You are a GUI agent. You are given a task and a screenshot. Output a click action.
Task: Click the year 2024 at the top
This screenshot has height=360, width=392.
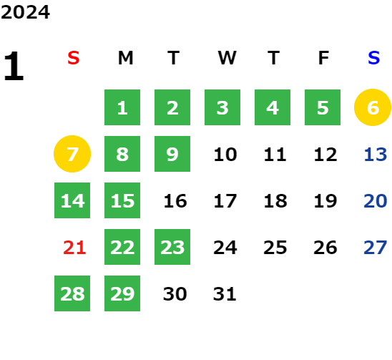(25, 12)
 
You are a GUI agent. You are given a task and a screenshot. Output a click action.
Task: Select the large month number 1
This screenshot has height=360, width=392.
(14, 66)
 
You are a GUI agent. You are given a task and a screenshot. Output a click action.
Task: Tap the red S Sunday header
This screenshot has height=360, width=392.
(74, 58)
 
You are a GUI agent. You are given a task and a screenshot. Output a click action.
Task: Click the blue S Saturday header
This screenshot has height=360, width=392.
(374, 58)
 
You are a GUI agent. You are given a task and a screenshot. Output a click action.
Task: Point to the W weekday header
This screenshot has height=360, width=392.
(227, 58)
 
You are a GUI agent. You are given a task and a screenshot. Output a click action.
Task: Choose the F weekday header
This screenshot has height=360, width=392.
(324, 58)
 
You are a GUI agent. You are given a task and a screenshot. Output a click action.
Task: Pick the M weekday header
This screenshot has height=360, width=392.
(125, 58)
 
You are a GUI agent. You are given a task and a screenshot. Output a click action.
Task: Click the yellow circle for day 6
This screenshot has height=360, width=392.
(373, 107)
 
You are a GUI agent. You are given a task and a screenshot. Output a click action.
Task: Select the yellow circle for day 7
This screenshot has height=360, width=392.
(72, 154)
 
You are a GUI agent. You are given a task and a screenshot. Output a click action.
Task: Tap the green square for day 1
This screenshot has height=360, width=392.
(122, 107)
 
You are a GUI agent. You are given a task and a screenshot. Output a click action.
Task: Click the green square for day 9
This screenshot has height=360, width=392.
(172, 154)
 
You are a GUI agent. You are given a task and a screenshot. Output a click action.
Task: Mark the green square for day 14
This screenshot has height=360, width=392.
(72, 200)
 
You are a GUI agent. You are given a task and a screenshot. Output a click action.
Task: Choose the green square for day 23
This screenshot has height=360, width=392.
(172, 247)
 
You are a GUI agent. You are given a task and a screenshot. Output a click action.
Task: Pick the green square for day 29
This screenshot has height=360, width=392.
(122, 293)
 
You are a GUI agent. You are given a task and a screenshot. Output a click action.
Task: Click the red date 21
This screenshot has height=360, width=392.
(74, 248)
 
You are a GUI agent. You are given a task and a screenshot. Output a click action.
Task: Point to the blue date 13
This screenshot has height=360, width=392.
(376, 155)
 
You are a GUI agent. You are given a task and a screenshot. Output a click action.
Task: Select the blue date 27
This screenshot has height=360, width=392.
(376, 248)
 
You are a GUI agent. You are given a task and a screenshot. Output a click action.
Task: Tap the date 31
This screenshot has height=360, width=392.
(225, 294)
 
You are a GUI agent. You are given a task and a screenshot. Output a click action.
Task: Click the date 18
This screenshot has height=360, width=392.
(275, 201)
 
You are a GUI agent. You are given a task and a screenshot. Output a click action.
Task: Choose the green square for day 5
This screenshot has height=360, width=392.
(323, 107)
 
